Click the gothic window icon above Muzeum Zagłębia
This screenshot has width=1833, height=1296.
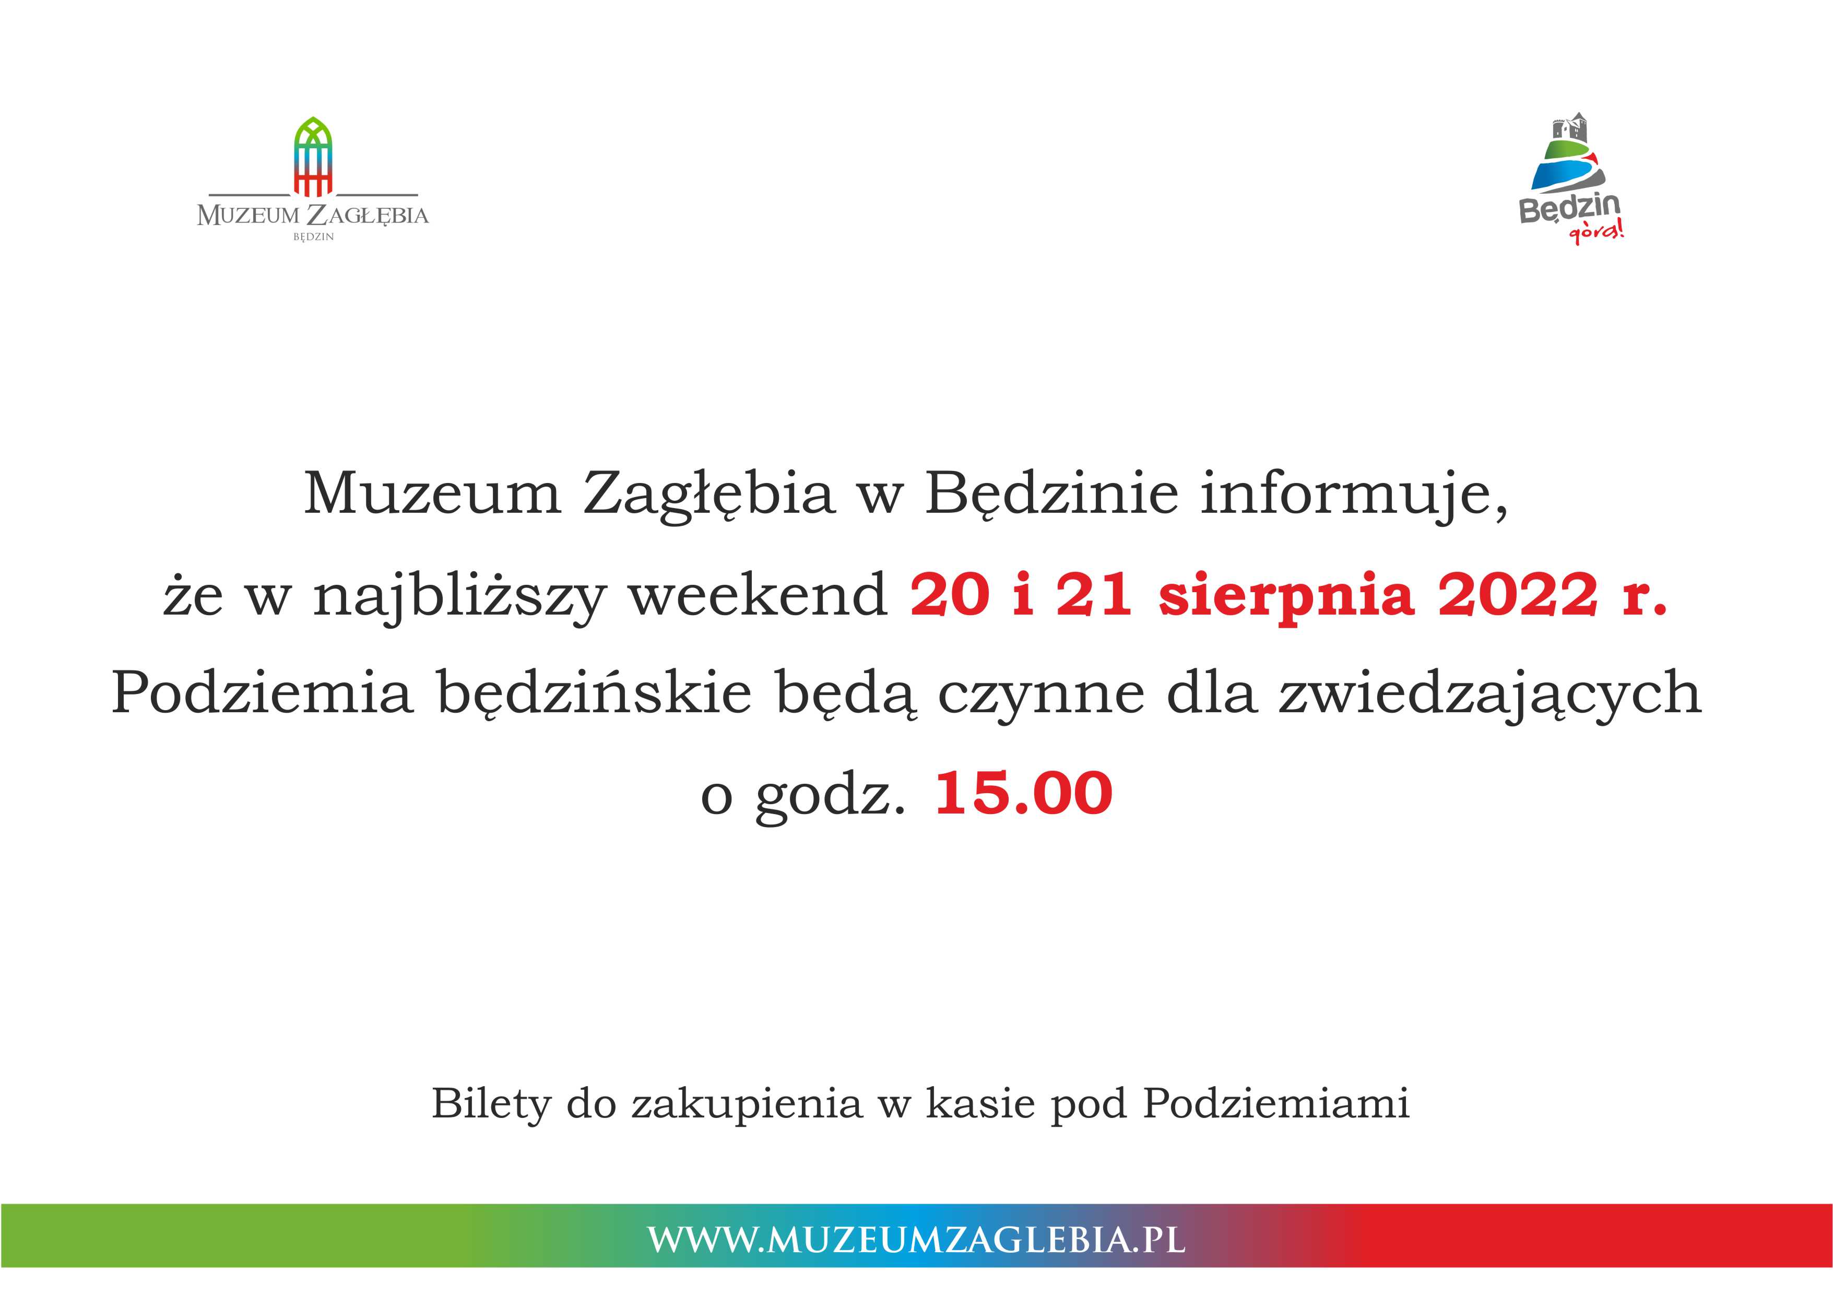313,157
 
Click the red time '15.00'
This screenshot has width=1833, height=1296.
1023,793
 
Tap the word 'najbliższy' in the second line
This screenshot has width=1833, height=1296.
458,596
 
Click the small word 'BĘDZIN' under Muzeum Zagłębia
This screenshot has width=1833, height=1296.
314,237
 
